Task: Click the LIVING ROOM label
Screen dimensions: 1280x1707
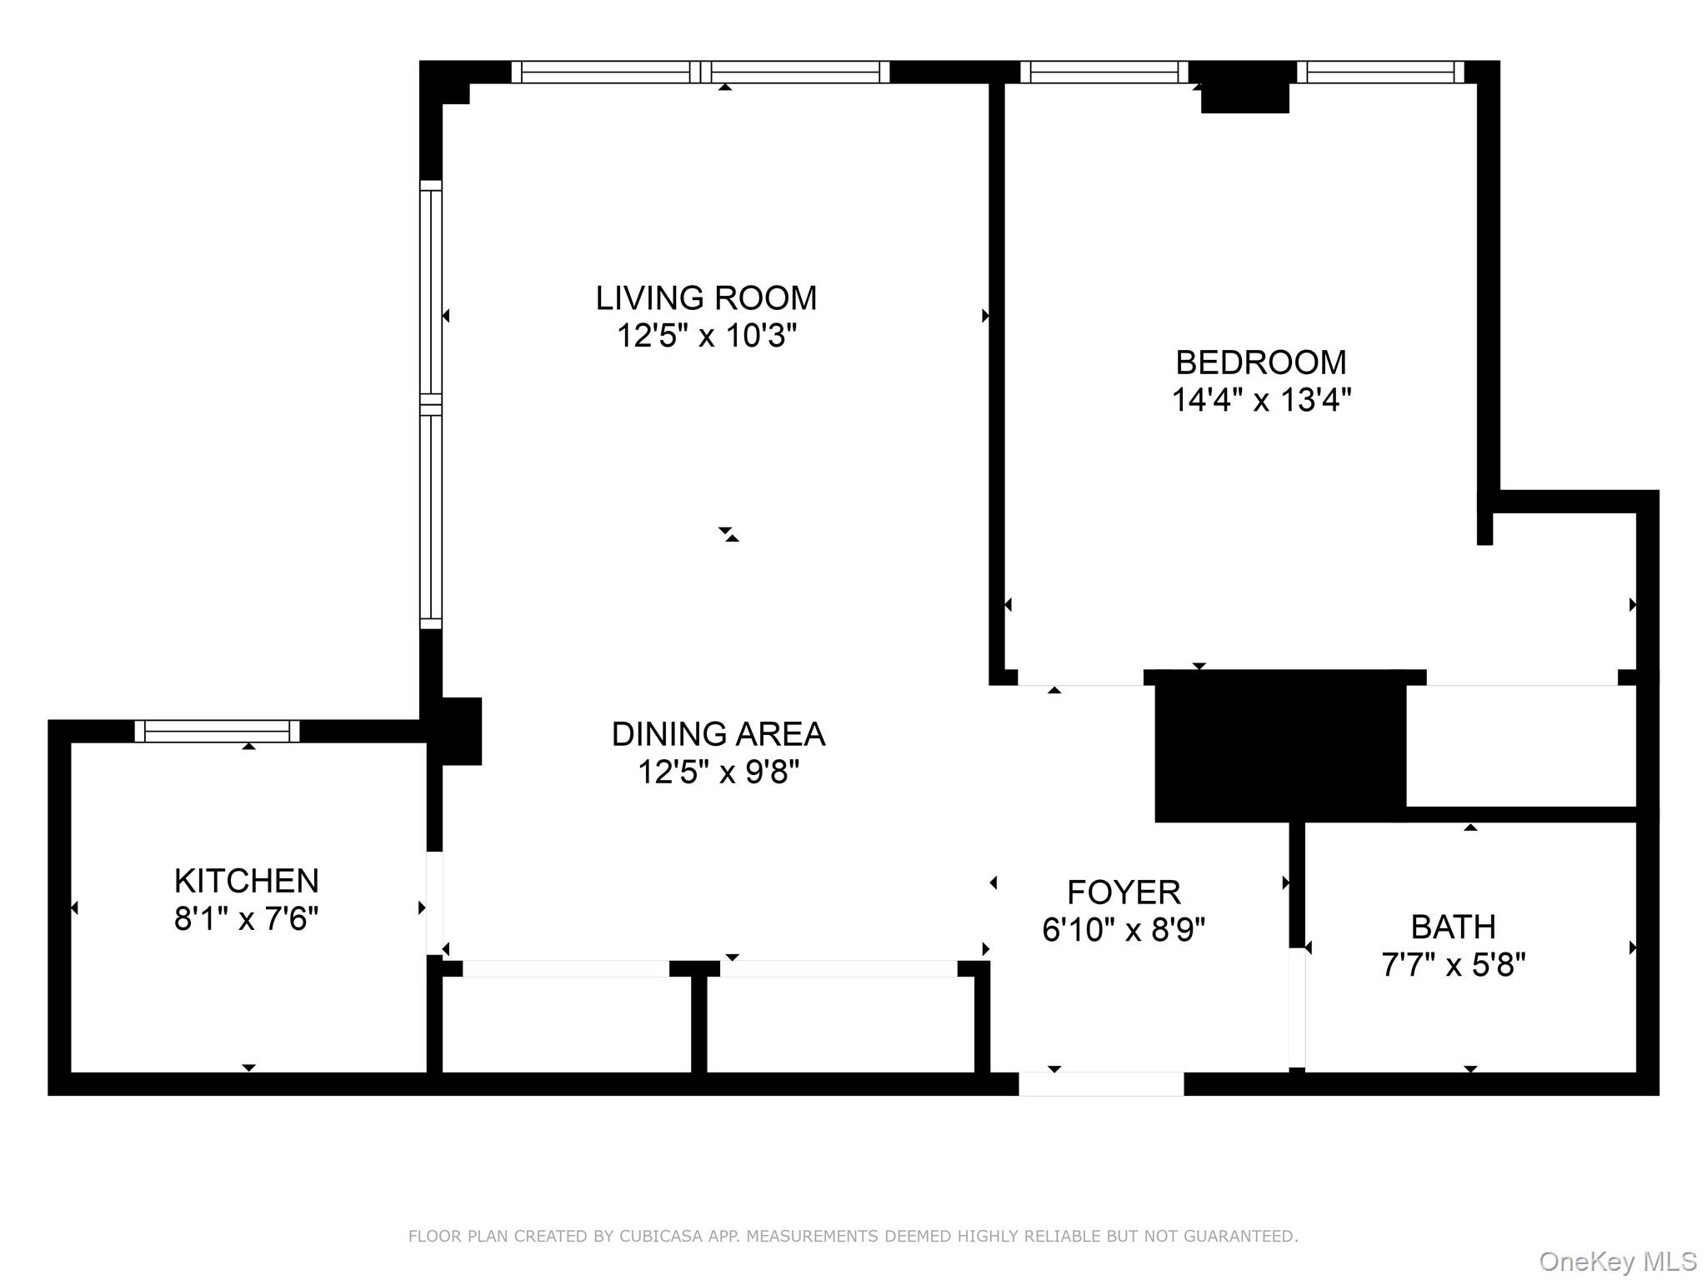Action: [x=706, y=298]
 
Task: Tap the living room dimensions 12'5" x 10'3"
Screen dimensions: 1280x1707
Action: [x=706, y=337]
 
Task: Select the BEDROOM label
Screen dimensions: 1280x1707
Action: [x=1260, y=362]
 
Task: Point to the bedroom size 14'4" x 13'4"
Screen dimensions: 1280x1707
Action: [x=1260, y=401]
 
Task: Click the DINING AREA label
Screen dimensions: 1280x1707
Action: [x=718, y=734]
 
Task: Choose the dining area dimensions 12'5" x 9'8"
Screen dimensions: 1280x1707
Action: [x=718, y=772]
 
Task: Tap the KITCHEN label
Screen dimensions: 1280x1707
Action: [x=246, y=881]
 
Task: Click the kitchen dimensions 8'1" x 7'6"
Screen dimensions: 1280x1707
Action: [x=246, y=919]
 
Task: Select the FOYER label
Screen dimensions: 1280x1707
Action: [x=1124, y=892]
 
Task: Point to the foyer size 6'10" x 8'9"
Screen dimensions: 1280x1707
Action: [x=1124, y=929]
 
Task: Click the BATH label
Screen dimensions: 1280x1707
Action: [x=1453, y=927]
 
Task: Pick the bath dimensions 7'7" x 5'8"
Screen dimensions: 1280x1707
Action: [x=1453, y=965]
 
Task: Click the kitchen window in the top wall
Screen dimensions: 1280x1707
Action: [x=217, y=732]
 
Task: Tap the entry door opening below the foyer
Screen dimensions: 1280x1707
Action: [x=1100, y=1084]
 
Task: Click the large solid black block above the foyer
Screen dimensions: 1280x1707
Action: [x=1279, y=747]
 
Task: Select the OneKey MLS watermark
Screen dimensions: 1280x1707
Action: [x=1617, y=1262]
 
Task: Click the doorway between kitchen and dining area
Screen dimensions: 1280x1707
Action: [x=434, y=902]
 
